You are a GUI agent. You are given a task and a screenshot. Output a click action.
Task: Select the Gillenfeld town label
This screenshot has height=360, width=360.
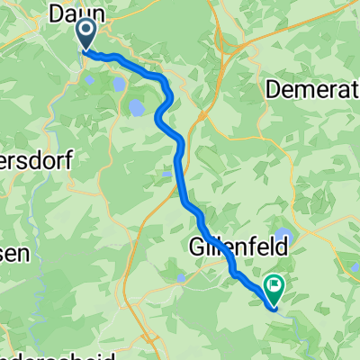tap(238, 245)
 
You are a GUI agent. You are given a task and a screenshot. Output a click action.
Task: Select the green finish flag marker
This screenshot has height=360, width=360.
tap(274, 288)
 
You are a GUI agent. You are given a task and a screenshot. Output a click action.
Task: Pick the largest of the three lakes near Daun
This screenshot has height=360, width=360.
tap(136, 108)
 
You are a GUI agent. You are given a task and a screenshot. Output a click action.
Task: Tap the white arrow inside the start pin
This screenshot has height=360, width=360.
tap(86, 33)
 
